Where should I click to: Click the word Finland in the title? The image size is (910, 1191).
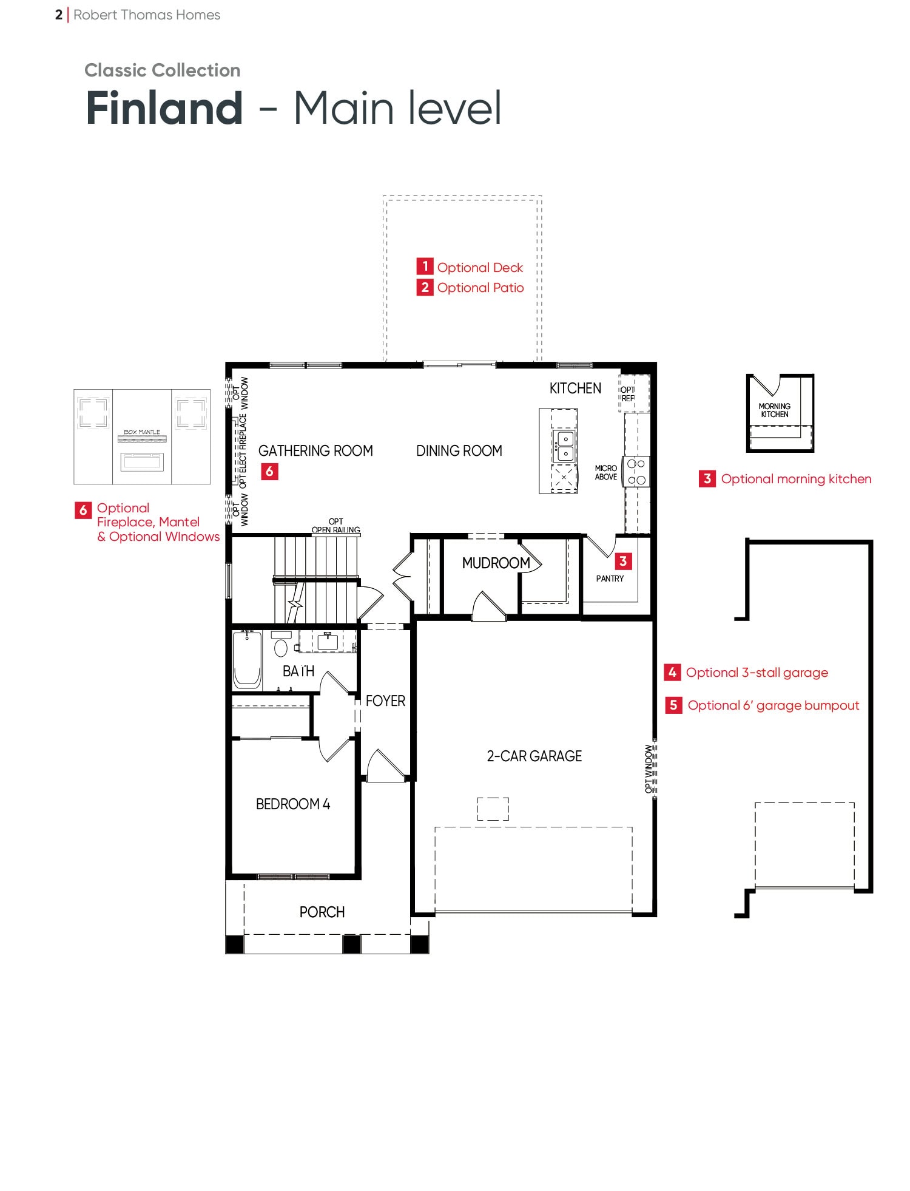point(164,108)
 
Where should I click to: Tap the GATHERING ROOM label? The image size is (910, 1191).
point(315,451)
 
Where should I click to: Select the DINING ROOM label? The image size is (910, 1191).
point(459,451)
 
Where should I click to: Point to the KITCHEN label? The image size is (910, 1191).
point(575,389)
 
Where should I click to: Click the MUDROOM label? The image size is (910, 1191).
point(496,563)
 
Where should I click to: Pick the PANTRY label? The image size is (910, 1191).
point(610,579)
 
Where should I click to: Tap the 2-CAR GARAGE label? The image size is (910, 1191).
point(534,756)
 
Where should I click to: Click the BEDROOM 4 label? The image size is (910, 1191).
point(293,804)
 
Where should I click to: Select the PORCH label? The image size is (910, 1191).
point(322,912)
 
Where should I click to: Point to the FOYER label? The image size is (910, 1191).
point(385,701)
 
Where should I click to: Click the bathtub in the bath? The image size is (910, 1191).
point(247,660)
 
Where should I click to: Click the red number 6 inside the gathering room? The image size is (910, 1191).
point(269,472)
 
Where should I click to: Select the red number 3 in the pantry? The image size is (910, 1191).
point(623,562)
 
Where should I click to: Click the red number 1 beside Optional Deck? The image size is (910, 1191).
point(425,266)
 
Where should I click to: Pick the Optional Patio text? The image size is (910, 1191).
point(480,288)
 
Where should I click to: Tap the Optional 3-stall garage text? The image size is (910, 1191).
point(757,673)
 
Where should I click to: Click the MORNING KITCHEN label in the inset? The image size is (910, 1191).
point(775,410)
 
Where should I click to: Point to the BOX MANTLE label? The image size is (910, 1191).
point(142,432)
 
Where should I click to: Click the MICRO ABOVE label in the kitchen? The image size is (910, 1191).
point(606,473)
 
